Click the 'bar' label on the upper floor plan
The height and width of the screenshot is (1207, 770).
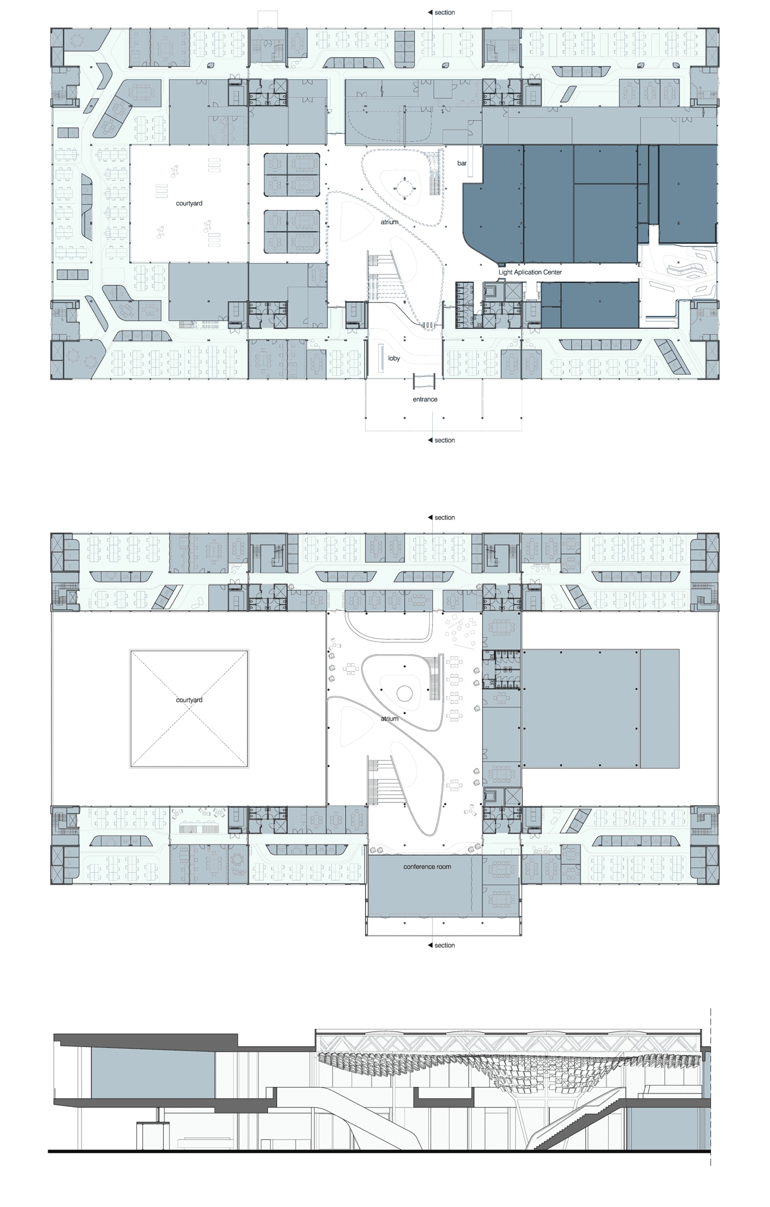click(462, 164)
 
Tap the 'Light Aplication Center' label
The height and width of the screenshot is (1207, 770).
click(530, 272)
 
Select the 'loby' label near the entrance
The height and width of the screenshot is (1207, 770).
click(394, 358)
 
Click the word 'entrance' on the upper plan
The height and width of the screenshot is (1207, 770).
click(425, 400)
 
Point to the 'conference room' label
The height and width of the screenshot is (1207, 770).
click(427, 867)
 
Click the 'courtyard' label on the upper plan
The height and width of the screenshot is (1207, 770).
click(189, 204)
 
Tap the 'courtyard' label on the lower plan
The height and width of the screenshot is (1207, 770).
click(189, 701)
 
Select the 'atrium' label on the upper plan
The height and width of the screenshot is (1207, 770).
click(389, 222)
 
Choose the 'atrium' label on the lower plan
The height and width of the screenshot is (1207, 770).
click(389, 719)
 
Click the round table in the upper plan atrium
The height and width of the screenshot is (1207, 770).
click(404, 188)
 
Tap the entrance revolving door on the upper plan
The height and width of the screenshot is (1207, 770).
click(424, 381)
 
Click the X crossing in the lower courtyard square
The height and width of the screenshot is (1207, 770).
click(189, 709)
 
